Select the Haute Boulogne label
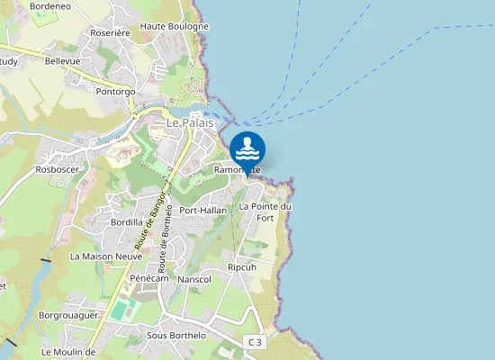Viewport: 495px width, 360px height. pyautogui.click(x=174, y=26)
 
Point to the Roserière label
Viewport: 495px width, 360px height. pyautogui.click(x=111, y=32)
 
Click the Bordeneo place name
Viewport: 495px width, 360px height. pyautogui.click(x=49, y=5)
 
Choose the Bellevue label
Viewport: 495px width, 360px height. pyautogui.click(x=62, y=61)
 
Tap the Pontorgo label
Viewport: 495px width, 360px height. pyautogui.click(x=115, y=92)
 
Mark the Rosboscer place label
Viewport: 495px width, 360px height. pyautogui.click(x=57, y=169)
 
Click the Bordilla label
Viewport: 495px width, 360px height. pyautogui.click(x=127, y=221)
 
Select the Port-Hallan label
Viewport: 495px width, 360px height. pyautogui.click(x=203, y=211)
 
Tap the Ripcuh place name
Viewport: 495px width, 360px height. pyautogui.click(x=242, y=267)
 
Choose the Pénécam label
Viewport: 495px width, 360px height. pyautogui.click(x=149, y=279)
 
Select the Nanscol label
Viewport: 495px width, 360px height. pyautogui.click(x=194, y=280)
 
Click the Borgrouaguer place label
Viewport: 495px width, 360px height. pyautogui.click(x=67, y=316)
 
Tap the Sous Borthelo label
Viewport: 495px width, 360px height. pyautogui.click(x=176, y=336)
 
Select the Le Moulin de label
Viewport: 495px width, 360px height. pyautogui.click(x=68, y=352)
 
